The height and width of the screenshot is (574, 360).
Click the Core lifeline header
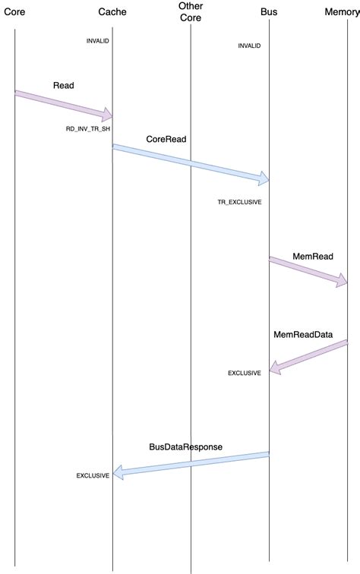(15, 12)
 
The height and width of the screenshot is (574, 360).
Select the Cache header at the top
(112, 12)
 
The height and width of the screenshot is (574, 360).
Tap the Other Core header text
(191, 12)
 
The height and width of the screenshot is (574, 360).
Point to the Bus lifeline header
(268, 12)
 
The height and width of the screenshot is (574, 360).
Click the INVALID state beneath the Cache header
(98, 40)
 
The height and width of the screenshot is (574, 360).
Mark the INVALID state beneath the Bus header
(249, 46)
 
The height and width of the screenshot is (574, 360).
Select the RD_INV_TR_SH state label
(88, 129)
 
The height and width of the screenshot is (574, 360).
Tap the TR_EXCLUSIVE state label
(239, 203)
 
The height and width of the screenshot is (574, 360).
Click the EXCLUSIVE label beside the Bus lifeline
(245, 373)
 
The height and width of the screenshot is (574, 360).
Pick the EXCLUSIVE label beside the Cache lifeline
(93, 475)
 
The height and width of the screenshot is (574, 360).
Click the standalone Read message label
(64, 85)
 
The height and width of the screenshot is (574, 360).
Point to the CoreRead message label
(166, 140)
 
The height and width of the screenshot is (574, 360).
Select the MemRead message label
(313, 257)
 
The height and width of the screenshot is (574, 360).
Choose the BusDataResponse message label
(186, 447)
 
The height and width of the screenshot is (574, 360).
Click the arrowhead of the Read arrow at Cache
(108, 115)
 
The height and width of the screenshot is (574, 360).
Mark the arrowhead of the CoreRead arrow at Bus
(264, 180)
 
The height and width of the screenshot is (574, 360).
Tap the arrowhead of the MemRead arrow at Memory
(342, 281)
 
